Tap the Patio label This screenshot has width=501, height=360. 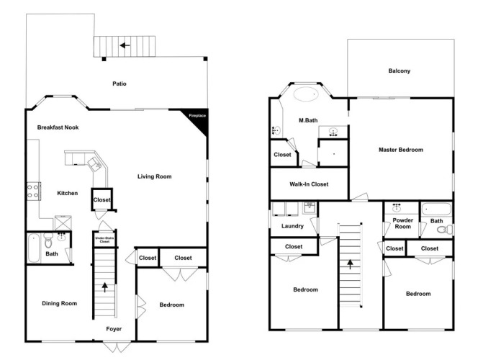click(119, 84)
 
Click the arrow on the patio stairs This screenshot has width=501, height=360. click(125, 45)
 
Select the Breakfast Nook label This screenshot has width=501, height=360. click(58, 127)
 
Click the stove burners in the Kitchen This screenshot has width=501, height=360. click(33, 191)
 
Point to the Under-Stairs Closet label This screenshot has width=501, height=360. click(104, 240)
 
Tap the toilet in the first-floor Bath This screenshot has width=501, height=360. click(48, 240)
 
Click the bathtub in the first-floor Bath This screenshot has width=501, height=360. click(33, 248)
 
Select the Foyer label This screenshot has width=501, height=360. click(114, 328)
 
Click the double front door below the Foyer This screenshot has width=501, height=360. click(117, 347)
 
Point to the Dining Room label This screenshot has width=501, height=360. click(60, 303)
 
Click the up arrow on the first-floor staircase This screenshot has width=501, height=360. click(104, 287)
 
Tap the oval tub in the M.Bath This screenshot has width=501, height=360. click(306, 94)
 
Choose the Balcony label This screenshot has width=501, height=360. click(399, 71)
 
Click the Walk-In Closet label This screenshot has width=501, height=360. click(309, 184)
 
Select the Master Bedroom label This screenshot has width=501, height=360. click(401, 150)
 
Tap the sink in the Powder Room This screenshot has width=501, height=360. click(397, 208)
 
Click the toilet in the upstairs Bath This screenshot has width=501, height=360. click(445, 229)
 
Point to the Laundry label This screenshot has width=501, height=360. click(292, 226)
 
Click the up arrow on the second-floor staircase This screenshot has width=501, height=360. click(350, 264)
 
